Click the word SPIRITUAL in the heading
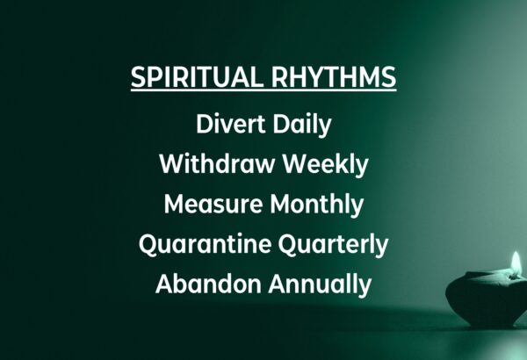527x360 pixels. pyautogui.click(x=196, y=76)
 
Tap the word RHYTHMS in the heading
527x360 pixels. pyautogui.click(x=334, y=76)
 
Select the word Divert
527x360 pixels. pyautogui.click(x=231, y=124)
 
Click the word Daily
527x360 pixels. pyautogui.click(x=302, y=126)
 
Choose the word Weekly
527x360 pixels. pyautogui.click(x=325, y=165)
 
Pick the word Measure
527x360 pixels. pyautogui.click(x=213, y=205)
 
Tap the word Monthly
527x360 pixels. pyautogui.click(x=316, y=205)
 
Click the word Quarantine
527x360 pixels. pyautogui.click(x=205, y=245)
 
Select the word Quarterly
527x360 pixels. pyautogui.click(x=333, y=245)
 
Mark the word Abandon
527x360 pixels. pyautogui.click(x=209, y=284)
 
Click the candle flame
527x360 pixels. pyautogui.click(x=516, y=264)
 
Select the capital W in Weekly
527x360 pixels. pyautogui.click(x=295, y=164)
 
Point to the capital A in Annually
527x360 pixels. pyautogui.click(x=278, y=284)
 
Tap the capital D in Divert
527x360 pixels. pyautogui.click(x=205, y=124)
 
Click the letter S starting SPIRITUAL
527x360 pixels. pyautogui.click(x=137, y=77)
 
